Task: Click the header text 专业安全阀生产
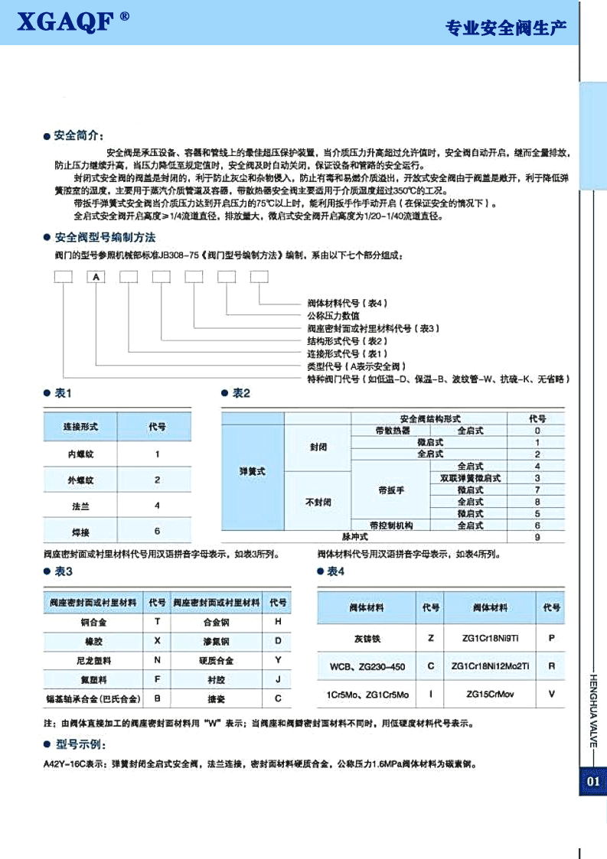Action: pos(506,28)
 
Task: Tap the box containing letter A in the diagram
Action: pos(96,277)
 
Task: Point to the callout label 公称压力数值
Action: pos(322,315)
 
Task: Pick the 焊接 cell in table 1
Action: pos(80,530)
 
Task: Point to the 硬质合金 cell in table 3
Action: pos(216,660)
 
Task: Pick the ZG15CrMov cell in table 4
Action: pos(491,694)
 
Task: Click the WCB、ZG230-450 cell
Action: pos(367,666)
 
